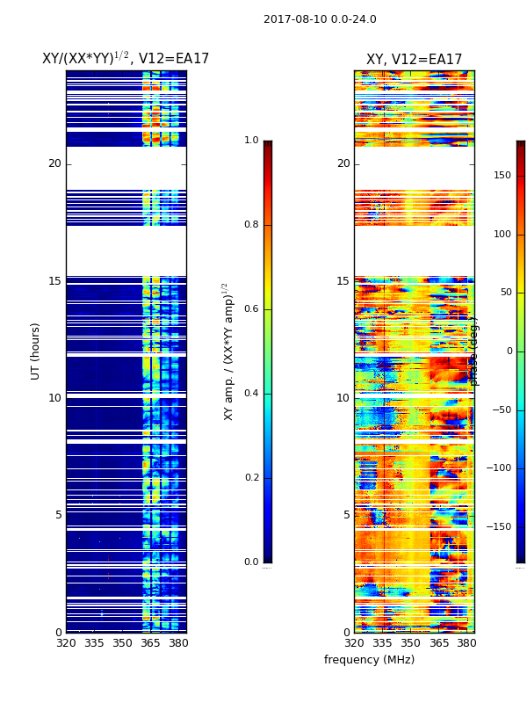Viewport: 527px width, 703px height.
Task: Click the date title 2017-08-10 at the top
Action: [320, 19]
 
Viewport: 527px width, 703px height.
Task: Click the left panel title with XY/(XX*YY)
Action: [126, 59]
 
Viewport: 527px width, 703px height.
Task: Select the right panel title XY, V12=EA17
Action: [414, 60]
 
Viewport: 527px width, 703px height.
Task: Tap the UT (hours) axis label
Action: [36, 351]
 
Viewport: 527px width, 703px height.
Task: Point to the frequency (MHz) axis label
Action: [369, 660]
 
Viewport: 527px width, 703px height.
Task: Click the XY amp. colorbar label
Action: [229, 351]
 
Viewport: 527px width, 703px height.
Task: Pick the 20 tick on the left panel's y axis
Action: [54, 163]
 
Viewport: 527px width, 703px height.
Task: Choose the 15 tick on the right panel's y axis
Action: [343, 281]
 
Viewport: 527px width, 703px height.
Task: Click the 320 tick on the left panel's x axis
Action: [66, 643]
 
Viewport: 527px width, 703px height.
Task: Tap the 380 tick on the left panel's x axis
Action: [178, 643]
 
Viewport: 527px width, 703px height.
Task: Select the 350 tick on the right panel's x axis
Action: [410, 643]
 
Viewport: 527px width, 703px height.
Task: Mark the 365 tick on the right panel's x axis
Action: [438, 643]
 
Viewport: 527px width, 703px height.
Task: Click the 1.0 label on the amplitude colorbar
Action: [251, 141]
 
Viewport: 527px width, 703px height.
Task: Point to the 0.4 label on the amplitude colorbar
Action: [251, 394]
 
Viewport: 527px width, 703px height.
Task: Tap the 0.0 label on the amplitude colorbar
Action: [251, 562]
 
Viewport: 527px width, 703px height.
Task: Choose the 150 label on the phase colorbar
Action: [502, 176]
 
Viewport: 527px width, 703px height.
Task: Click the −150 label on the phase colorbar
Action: [501, 527]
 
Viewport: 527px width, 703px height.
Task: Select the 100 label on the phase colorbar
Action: [502, 234]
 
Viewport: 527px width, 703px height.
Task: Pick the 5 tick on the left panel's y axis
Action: [58, 515]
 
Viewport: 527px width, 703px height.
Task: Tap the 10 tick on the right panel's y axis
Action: [343, 398]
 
